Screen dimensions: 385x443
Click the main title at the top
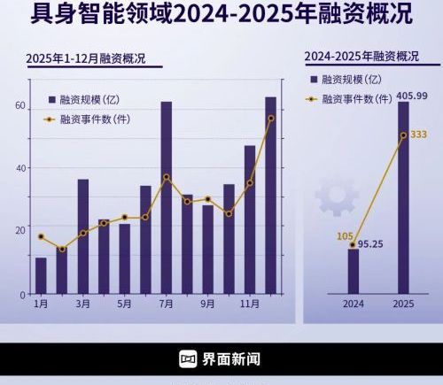221,15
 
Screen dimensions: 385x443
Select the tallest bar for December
270,195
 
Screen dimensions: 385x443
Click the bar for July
166,196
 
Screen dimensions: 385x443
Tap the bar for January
41,275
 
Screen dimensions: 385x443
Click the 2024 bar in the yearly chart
354,271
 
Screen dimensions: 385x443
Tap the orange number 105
346,235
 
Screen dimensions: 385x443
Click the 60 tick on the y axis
19,105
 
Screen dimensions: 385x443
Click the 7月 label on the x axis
166,304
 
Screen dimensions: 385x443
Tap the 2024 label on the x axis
354,304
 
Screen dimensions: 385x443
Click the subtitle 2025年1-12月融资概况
85,59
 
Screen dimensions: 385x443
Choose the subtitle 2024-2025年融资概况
361,56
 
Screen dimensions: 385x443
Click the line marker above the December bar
270,118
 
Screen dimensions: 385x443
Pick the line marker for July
166,177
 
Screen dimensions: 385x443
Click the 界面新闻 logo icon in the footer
188,358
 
